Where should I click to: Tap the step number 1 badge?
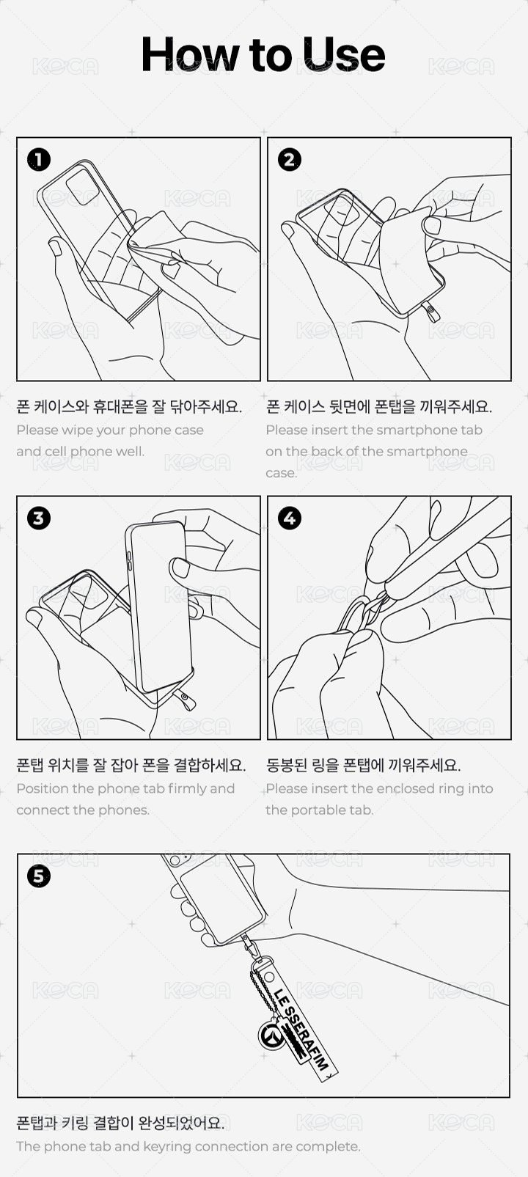click(x=39, y=160)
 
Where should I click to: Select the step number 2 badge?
click(x=290, y=160)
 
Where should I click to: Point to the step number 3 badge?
click(x=39, y=518)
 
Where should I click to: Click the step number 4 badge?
click(x=290, y=518)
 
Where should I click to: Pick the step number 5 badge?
click(x=39, y=876)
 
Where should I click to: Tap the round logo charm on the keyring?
click(x=272, y=1035)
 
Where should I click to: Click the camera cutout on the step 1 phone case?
click(x=82, y=186)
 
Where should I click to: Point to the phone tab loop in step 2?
click(x=433, y=312)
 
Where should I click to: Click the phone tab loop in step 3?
click(x=186, y=700)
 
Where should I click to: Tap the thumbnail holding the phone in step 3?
click(x=181, y=568)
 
